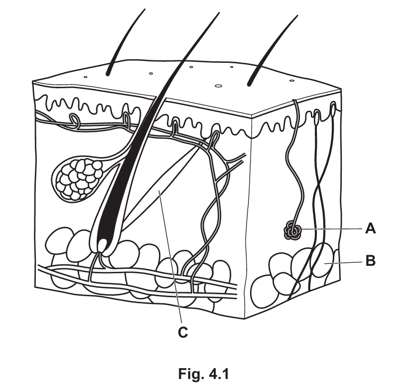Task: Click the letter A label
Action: click(371, 228)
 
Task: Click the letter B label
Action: click(371, 261)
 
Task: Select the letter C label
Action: click(183, 332)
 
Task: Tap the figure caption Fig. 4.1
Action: click(204, 374)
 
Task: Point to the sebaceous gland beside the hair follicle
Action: click(79, 180)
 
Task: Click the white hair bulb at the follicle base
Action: click(103, 245)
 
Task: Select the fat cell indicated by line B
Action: click(322, 260)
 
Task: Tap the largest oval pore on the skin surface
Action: click(218, 86)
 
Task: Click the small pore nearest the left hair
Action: click(85, 77)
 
